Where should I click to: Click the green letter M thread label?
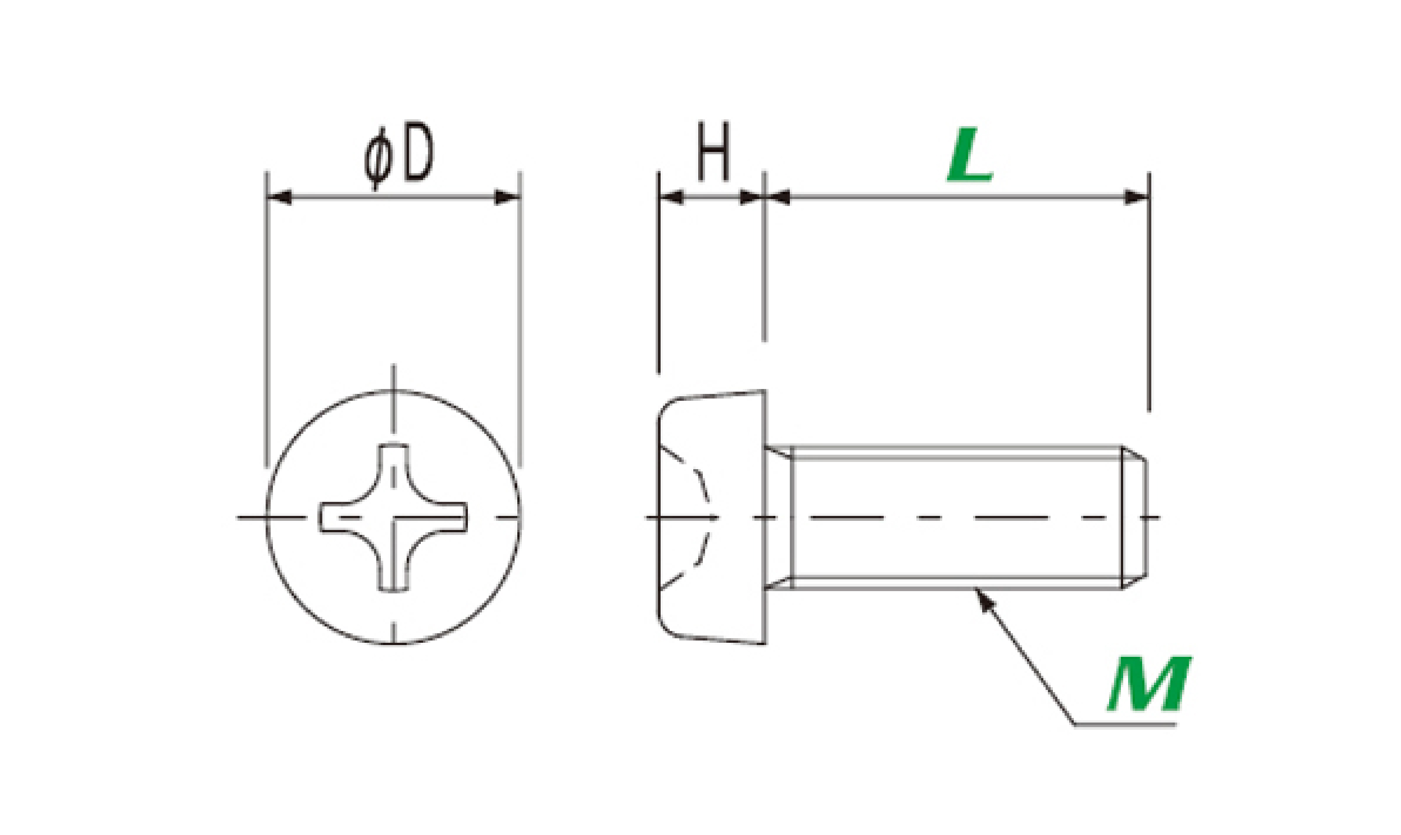click(1148, 684)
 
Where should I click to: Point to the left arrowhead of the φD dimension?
click(279, 198)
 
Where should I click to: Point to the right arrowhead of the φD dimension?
click(507, 198)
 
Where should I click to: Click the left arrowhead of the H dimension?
click(670, 198)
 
